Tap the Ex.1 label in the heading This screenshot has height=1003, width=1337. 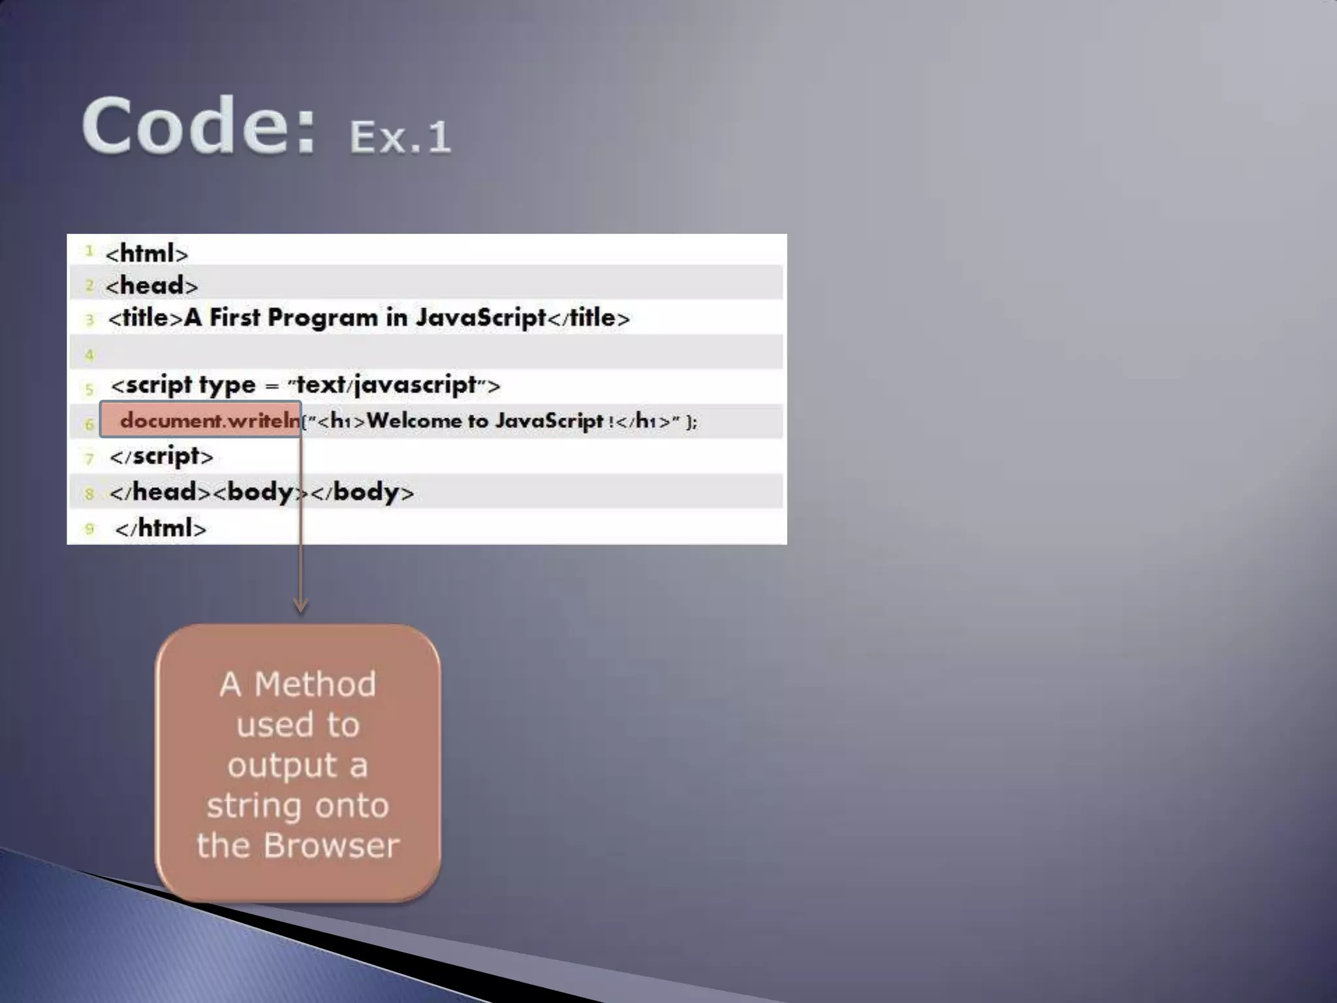[x=400, y=136]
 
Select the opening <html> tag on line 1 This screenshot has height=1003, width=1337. [x=147, y=253]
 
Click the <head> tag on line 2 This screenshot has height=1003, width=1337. [x=151, y=285]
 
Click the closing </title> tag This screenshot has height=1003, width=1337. [x=588, y=318]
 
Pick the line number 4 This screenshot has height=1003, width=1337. [x=89, y=355]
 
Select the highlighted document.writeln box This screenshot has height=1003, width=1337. [x=201, y=420]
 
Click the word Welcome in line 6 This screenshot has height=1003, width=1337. [x=413, y=421]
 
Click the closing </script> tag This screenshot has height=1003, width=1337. [x=161, y=456]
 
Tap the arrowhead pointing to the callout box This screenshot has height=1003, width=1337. [x=300, y=605]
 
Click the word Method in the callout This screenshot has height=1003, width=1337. [x=315, y=684]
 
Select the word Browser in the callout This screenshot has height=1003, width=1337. [x=331, y=845]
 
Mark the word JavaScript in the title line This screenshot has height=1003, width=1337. [x=480, y=318]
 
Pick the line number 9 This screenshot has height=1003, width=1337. [x=89, y=528]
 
